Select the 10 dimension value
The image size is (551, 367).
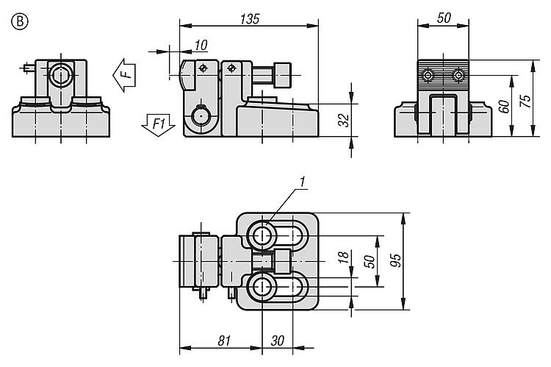coord(201,46)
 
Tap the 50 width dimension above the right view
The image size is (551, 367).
coord(443,18)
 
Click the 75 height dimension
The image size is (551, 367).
coord(524,101)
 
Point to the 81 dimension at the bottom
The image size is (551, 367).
coord(224,341)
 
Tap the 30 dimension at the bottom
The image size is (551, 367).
coord(278,341)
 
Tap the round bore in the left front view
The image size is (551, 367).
coord(60,74)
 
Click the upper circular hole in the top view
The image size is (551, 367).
coord(262,235)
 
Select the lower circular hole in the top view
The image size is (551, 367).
coord(262,287)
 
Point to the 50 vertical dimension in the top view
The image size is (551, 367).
coord(371,260)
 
